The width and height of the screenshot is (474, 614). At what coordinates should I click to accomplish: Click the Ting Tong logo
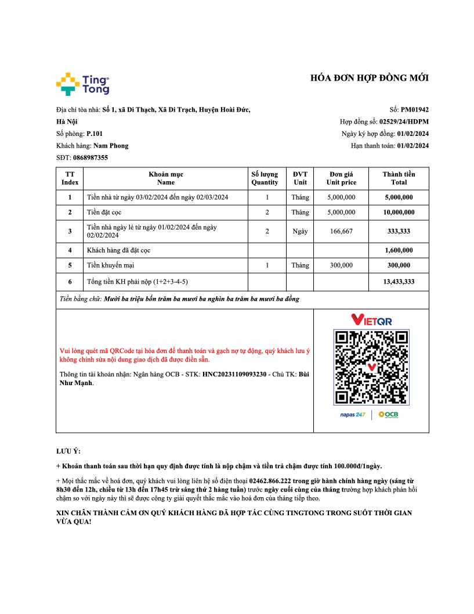[x=83, y=84]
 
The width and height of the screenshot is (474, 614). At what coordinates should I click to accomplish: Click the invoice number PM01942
[x=414, y=109]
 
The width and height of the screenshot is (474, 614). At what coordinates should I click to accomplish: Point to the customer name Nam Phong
[x=111, y=146]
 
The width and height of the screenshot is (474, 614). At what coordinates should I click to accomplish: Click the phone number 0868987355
[x=91, y=158]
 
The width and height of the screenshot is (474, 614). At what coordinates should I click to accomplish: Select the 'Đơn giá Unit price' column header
[x=341, y=178]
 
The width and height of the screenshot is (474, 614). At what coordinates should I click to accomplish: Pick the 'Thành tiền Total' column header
[x=399, y=178]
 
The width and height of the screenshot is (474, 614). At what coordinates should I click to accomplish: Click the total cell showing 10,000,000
[x=399, y=213]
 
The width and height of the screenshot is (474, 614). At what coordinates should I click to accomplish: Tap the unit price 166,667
[x=341, y=231]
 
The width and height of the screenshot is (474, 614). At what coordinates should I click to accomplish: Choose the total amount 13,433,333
[x=399, y=282]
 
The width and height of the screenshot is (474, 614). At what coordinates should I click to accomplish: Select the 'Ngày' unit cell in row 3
[x=300, y=231]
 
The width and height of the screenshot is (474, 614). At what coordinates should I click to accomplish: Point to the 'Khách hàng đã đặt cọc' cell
[x=119, y=250]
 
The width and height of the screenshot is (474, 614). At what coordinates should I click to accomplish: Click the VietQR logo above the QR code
[x=371, y=320]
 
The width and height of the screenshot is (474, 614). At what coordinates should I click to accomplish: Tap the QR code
[x=371, y=367]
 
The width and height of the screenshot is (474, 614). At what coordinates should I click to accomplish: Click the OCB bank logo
[x=388, y=415]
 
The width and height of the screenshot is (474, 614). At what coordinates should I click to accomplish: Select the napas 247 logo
[x=352, y=415]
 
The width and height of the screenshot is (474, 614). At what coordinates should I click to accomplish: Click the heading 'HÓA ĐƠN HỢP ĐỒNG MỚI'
[x=370, y=78]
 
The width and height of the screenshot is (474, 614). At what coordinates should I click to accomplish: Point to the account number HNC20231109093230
[x=242, y=374]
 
